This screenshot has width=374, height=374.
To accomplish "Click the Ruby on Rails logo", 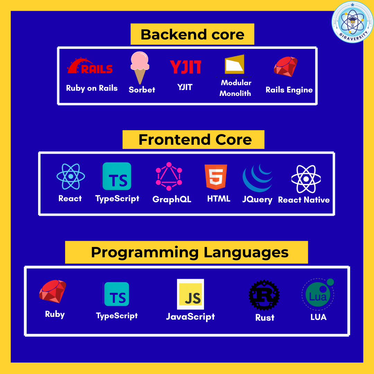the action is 90,65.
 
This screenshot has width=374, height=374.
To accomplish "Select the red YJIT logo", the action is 185,67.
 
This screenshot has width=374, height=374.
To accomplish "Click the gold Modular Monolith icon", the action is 235,64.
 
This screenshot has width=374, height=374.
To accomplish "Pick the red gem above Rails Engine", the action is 286,66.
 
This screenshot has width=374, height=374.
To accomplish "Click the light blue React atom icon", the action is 71,177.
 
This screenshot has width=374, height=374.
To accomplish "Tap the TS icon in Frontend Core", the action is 117,176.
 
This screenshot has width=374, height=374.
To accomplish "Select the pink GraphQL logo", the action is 169,177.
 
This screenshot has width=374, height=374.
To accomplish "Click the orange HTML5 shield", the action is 216,177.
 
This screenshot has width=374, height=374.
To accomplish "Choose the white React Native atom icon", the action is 306,179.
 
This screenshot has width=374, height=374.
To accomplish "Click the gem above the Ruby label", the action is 53,291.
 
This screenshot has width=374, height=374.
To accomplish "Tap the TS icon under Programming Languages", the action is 117,294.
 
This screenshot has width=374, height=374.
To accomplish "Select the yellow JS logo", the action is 190,294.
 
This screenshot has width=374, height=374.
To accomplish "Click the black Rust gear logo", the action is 264,295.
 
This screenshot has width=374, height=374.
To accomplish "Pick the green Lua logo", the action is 318,294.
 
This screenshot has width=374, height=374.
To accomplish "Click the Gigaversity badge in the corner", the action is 352,22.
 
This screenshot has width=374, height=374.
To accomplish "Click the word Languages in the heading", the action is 246,253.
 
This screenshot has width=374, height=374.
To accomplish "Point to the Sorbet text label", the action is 142,90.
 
